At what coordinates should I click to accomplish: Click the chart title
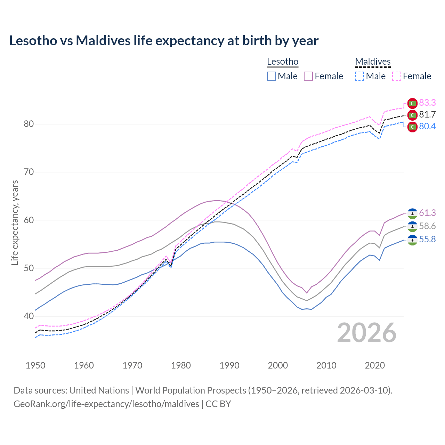coord(164,41)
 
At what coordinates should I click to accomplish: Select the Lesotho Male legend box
coord(272,76)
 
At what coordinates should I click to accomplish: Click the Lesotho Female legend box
coord(309,76)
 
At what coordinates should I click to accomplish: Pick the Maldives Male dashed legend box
coord(359,76)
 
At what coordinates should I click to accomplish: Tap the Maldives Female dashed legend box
coord(397,76)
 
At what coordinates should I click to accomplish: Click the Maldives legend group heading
coord(373,62)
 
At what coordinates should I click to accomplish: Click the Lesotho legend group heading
coord(283,62)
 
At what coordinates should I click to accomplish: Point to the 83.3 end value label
coord(427,103)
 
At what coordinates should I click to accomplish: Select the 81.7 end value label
coord(427,114)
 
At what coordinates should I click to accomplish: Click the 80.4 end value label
coord(427,126)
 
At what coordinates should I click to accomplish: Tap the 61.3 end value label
coord(427,213)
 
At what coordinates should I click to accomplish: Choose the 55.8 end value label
coord(427,239)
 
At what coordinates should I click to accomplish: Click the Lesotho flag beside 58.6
coord(412,226)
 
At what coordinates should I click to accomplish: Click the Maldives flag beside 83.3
coord(412,103)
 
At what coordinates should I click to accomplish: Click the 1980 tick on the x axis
coord(181,365)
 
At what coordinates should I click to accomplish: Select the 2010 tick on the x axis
coord(326,365)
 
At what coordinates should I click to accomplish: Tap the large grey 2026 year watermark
coord(366,333)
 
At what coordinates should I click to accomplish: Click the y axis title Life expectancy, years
coord(15,222)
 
